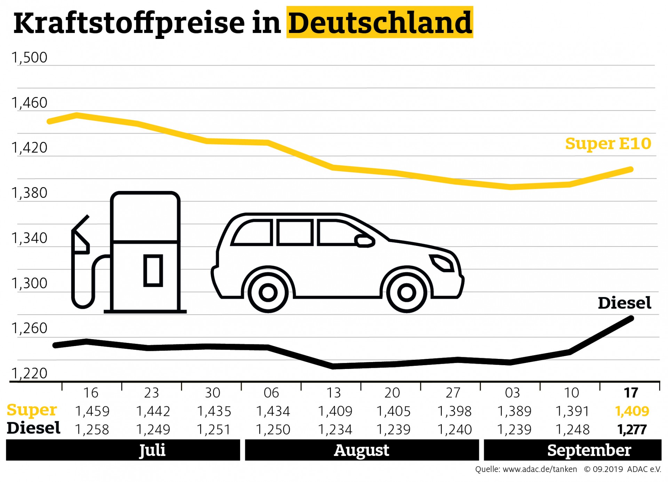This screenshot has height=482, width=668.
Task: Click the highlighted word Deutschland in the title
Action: point(380,23)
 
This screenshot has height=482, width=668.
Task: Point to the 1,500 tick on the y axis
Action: point(30,58)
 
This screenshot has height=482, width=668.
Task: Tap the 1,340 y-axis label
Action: point(30,238)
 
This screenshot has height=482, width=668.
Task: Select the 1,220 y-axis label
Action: point(30,373)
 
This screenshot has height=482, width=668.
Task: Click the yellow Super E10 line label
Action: point(608,144)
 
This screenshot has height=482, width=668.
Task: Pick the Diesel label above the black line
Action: point(624,303)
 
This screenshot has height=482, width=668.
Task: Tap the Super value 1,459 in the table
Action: point(92,411)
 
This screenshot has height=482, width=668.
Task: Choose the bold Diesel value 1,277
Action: point(632,430)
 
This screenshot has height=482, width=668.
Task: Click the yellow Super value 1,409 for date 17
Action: point(632,411)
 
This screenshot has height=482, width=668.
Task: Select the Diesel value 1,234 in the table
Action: point(335,430)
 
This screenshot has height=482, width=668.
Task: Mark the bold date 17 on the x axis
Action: point(631,393)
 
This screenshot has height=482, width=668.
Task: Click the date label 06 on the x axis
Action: point(271,393)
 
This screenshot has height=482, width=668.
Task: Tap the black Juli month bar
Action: point(123,450)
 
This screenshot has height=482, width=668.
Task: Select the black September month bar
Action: point(572,450)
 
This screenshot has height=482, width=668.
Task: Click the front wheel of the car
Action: point(406,292)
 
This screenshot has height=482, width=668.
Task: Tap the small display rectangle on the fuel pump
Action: point(153,271)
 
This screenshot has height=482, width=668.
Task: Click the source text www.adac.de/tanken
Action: point(540,469)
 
